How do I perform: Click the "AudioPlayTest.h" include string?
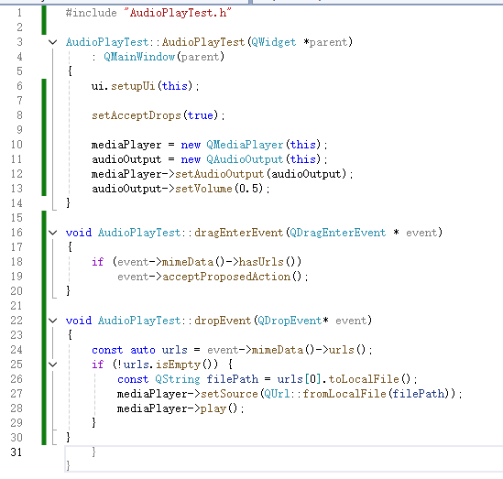point(178,13)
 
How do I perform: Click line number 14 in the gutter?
point(16,203)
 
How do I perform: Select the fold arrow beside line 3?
point(52,42)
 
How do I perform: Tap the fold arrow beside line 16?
point(52,233)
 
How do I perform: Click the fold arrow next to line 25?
point(52,365)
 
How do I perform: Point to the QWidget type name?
point(274,42)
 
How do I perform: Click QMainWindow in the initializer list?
point(139,57)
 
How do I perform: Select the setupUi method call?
point(133,86)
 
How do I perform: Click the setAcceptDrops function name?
point(137,115)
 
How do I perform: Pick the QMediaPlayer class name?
point(245,145)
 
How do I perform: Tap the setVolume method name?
point(203,189)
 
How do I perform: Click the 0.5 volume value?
point(248,189)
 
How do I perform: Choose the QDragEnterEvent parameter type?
point(338,233)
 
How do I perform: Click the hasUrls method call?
point(261,262)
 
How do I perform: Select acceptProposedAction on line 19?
point(226,277)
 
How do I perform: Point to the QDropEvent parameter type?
point(290,321)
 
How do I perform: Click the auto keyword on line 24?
point(143,350)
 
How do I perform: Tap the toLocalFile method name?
point(364,379)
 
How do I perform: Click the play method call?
point(213,408)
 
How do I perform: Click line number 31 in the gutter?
point(16,452)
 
